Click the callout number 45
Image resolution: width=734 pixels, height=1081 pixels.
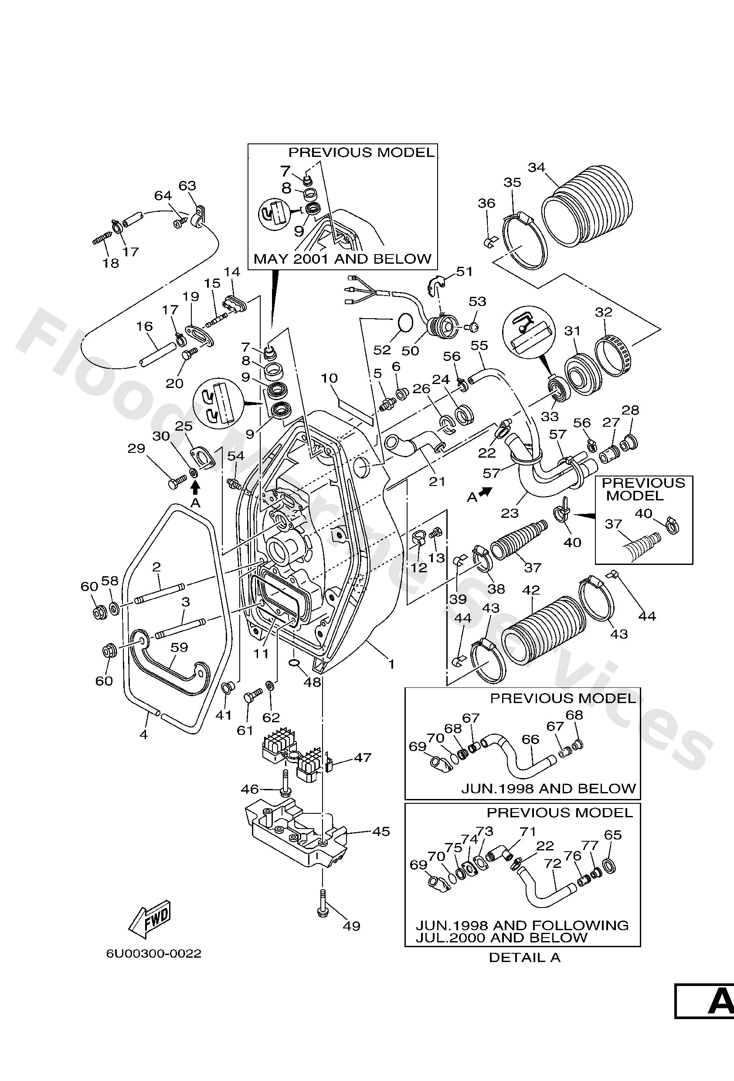coord(381,831)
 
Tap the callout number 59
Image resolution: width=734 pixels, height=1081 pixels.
coord(179,647)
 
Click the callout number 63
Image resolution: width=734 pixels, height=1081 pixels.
coord(187,186)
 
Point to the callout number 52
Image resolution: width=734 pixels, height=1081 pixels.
coord(382,350)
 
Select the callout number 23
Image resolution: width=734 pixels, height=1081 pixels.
coord(510,513)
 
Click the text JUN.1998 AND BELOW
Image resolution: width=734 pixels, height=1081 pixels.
coord(548,789)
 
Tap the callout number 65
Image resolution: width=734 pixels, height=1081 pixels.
coord(612,835)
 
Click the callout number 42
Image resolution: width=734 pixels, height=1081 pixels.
coord(531,590)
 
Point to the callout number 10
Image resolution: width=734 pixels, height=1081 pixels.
coord(329,378)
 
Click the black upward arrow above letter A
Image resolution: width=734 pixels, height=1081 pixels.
coord(195,487)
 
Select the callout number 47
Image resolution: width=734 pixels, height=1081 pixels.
coord(362,758)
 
